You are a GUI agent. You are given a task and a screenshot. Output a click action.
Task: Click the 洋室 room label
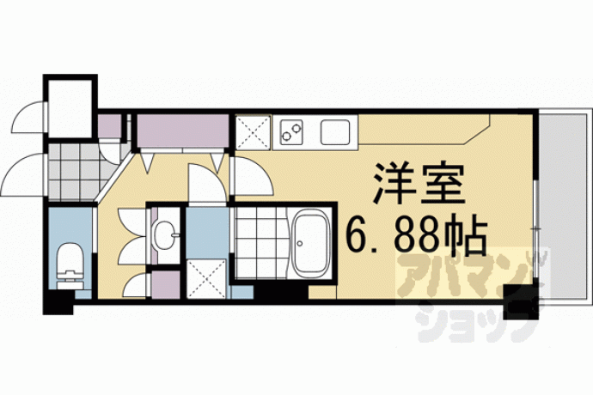(419, 184)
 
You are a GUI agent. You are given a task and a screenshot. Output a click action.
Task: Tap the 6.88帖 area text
(416, 236)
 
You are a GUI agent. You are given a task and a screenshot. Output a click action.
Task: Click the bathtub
(310, 244)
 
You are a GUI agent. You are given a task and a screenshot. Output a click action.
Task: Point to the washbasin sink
(165, 235)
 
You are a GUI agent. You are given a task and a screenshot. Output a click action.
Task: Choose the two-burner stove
(291, 131)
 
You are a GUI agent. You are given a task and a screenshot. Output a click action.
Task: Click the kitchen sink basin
(334, 132)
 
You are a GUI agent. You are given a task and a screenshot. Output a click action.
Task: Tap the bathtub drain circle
(300, 243)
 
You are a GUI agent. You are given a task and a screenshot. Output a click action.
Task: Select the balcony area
(564, 205)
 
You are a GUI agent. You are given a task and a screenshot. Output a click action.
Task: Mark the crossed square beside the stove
(253, 132)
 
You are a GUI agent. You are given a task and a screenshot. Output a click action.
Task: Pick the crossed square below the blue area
(207, 279)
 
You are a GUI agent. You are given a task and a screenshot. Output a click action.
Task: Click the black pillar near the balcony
(521, 301)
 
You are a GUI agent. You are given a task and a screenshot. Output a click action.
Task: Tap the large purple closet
(183, 131)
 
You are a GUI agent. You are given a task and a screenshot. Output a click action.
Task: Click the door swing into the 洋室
(253, 176)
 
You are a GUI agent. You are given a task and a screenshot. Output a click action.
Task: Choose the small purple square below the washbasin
(166, 284)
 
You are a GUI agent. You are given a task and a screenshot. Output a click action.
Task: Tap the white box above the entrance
(70, 107)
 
